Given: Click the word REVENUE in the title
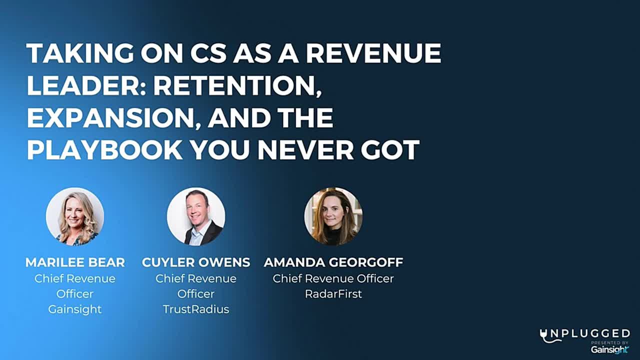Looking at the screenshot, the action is point(373,53).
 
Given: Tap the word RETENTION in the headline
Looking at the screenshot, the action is point(237,85).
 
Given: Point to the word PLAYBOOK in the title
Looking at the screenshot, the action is point(104,149).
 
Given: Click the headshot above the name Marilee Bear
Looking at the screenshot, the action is point(75,216).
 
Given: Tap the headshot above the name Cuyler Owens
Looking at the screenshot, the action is point(196,216).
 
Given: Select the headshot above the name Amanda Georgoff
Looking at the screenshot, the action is point(333,216).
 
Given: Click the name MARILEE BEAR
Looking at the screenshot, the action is point(75,262).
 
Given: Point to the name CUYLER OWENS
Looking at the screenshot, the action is point(196,262).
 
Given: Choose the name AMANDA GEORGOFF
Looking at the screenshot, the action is point(333,262).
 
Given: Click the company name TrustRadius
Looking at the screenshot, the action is point(196,309).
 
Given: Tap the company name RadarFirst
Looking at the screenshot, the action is point(333,293).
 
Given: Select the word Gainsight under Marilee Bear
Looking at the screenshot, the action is point(75,309).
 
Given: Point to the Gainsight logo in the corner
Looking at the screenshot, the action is point(609,349).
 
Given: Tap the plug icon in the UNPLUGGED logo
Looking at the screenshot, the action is point(546,336).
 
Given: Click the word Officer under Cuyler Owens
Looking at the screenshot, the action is point(196,293).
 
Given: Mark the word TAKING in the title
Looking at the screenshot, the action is point(80,53).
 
